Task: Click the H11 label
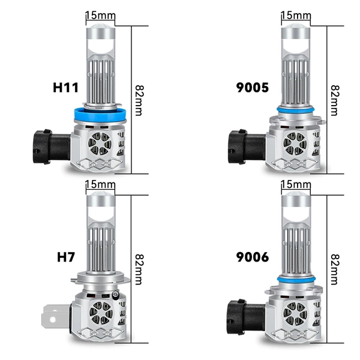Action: point(65,88)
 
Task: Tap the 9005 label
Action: point(253,88)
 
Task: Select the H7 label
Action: point(66,257)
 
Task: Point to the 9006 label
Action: point(253,257)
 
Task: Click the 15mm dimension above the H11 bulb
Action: point(100,16)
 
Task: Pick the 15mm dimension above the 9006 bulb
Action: point(296,184)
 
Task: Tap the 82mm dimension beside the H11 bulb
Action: point(139,100)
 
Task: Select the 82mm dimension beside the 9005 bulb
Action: point(335,100)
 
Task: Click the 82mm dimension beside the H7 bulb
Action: point(139,269)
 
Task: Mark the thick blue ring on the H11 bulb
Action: point(101,115)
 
